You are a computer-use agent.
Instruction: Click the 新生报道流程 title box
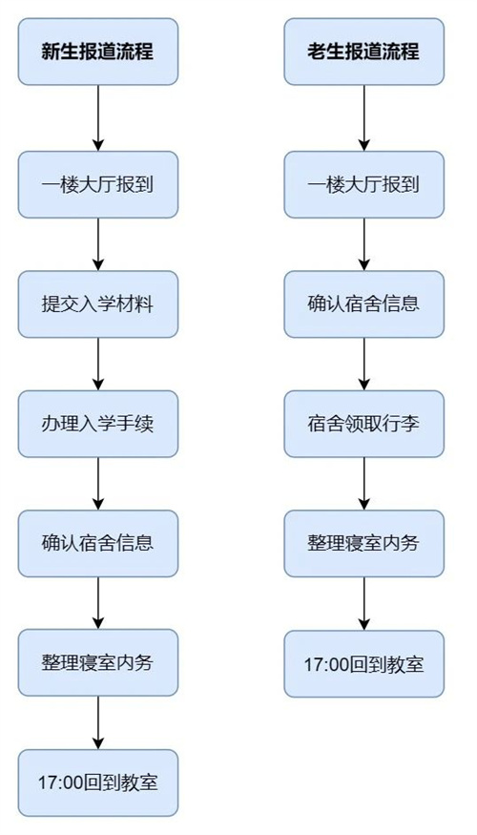pos(98,52)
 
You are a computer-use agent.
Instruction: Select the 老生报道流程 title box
pos(363,52)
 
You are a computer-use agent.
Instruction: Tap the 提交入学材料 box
pos(98,304)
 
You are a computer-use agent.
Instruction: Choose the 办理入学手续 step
pos(98,424)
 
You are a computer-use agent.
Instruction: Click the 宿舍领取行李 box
pos(363,424)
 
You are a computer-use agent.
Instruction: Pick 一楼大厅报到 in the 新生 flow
pos(98,184)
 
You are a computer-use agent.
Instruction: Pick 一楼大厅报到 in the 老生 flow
pos(363,184)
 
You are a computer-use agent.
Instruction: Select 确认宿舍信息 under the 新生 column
pos(98,543)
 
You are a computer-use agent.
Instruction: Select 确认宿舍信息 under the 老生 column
pos(363,304)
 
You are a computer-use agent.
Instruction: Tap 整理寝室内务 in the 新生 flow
pos(98,662)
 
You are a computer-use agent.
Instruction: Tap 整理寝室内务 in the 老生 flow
pos(363,543)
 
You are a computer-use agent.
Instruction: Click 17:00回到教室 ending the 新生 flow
pos(98,782)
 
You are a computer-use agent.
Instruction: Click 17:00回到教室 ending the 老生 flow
pos(363,662)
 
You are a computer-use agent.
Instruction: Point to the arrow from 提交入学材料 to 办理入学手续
pos(98,364)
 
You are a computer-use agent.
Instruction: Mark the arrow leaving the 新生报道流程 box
pos(98,117)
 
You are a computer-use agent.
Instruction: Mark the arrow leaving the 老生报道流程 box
pos(363,117)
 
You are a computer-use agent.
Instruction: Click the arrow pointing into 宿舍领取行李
pos(363,364)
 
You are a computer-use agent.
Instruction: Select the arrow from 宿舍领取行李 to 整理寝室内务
pos(363,483)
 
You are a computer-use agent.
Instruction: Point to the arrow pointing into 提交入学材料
pos(98,244)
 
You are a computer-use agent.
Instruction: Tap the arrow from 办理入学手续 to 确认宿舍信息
pos(98,483)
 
